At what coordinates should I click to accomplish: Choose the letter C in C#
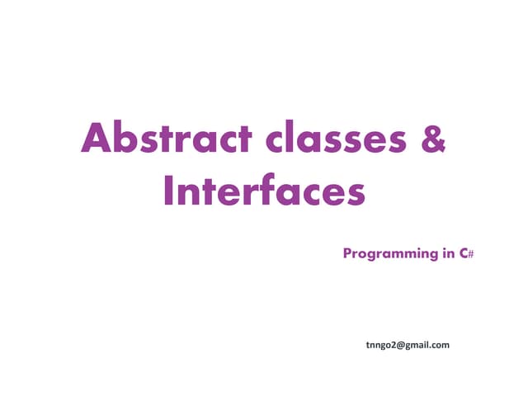point(464,252)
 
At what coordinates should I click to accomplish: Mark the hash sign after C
point(471,253)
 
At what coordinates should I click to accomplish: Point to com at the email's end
point(441,345)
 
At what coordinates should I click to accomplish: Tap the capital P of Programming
point(347,252)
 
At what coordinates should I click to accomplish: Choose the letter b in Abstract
point(125,139)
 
